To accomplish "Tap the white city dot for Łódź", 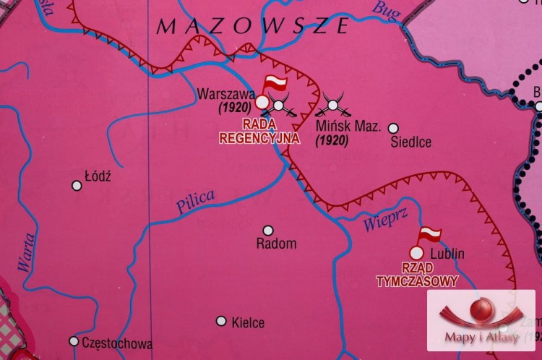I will click(x=77, y=186).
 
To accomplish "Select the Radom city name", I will click(x=276, y=244).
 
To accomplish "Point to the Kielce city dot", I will click(x=221, y=321).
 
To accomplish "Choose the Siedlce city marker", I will click(x=393, y=127).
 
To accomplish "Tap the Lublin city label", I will click(x=447, y=254).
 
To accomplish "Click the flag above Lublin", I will click(x=429, y=234).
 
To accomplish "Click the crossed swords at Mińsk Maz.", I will click(x=333, y=106).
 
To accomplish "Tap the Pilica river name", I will click(x=195, y=200).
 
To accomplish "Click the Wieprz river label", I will click(x=380, y=222).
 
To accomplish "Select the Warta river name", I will click(x=26, y=254).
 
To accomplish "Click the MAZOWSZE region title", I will click(x=253, y=27).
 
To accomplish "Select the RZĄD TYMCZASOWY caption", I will click(x=417, y=276).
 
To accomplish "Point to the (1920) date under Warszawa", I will click(x=233, y=107).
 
